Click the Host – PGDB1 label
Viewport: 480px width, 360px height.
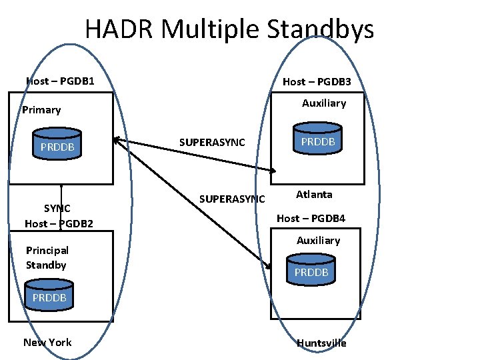(59, 81)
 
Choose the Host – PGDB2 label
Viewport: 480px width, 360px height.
(59, 223)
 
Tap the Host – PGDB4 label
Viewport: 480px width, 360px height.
(311, 218)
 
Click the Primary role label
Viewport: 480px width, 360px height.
(41, 110)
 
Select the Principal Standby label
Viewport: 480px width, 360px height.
(47, 257)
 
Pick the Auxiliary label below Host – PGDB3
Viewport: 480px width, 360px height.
(324, 103)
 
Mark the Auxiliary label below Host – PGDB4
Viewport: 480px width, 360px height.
(318, 240)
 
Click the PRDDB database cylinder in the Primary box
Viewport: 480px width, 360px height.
(57, 147)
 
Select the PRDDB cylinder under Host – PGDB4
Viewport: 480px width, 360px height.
(311, 272)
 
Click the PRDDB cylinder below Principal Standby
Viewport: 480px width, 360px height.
(49, 297)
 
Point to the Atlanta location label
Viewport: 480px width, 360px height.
(314, 195)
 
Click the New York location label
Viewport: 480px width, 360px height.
(47, 342)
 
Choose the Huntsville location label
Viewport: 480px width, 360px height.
(321, 343)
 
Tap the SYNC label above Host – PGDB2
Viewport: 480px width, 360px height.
(57, 208)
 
